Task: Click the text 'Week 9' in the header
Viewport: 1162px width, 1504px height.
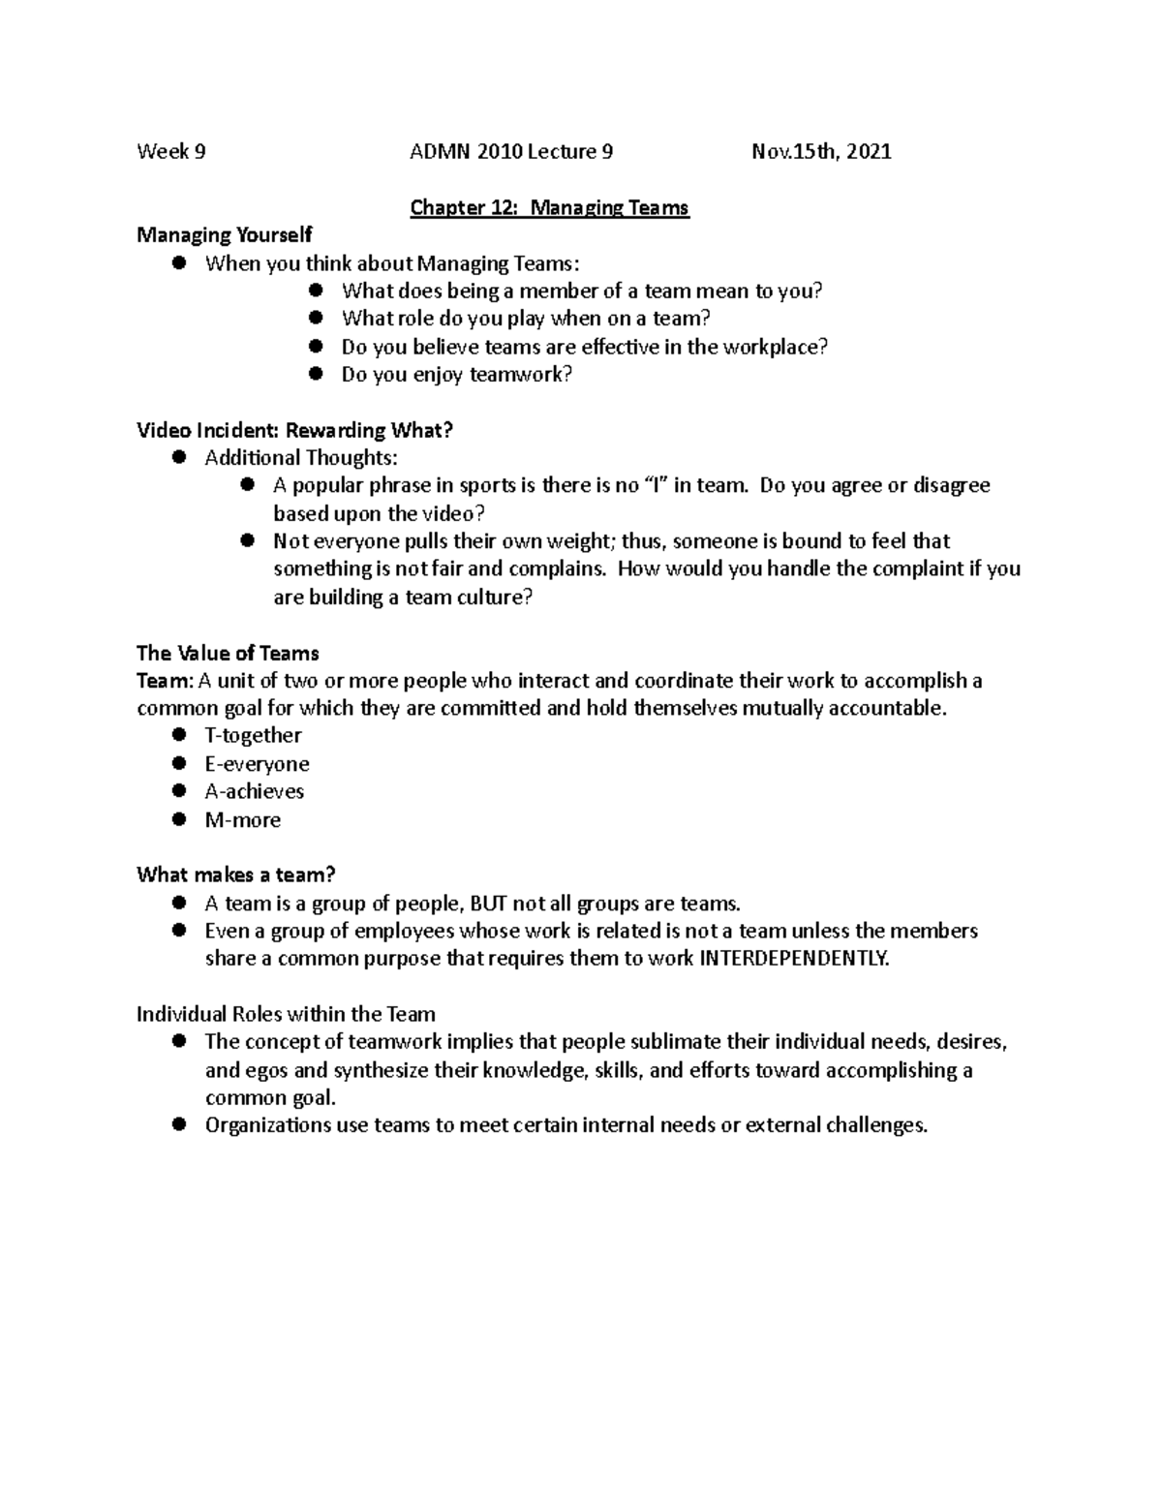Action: (x=170, y=151)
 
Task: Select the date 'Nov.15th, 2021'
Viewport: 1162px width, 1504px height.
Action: (x=821, y=151)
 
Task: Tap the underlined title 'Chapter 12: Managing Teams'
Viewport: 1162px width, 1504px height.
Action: (x=549, y=207)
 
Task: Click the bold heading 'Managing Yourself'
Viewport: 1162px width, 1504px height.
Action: (x=225, y=235)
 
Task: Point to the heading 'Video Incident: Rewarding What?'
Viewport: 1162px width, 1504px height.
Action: (x=294, y=430)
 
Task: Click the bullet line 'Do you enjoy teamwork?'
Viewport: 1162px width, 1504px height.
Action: (x=457, y=375)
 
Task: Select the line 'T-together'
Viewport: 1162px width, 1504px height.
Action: (x=253, y=735)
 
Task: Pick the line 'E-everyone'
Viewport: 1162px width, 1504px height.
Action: (x=257, y=763)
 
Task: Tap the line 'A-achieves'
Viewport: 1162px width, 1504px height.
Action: (x=254, y=791)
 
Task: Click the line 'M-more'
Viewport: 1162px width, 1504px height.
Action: (x=242, y=819)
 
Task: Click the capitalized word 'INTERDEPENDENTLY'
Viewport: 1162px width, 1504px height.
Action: (x=792, y=959)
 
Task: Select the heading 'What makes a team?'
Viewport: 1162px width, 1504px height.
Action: (x=235, y=875)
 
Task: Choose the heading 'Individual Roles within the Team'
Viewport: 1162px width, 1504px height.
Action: (x=286, y=1014)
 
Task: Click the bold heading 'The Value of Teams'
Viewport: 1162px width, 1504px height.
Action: (x=228, y=653)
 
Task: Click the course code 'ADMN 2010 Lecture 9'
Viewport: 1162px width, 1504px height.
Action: (x=511, y=151)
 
